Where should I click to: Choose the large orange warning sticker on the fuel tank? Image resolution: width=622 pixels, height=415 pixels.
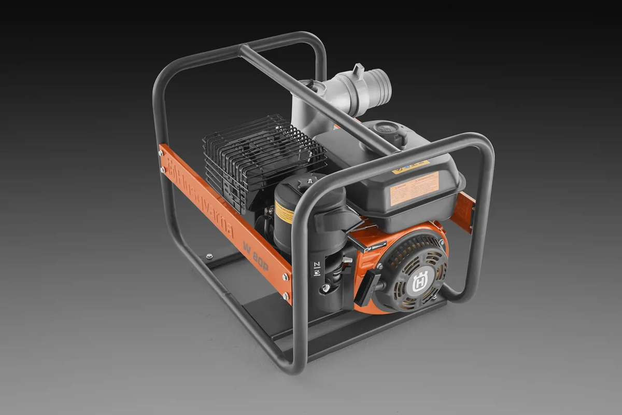point(414,188)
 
